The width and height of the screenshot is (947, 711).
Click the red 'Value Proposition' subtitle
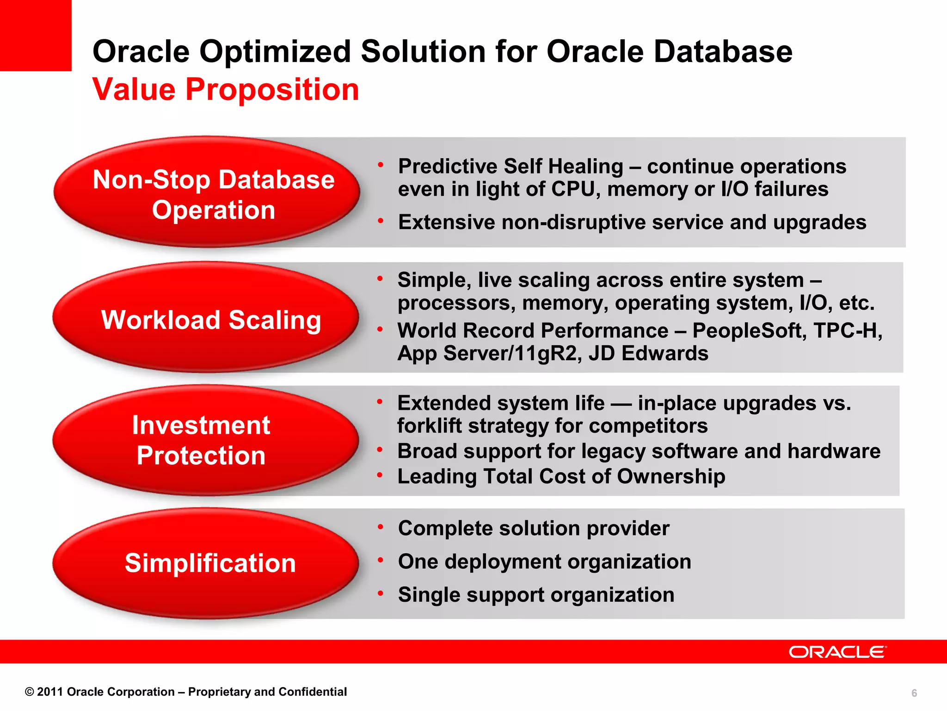click(x=226, y=89)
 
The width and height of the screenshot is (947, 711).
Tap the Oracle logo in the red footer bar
click(x=837, y=652)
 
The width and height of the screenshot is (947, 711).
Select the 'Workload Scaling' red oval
click(x=206, y=318)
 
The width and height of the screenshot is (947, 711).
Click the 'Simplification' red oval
click(x=206, y=563)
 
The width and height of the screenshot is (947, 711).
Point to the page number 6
click(x=914, y=693)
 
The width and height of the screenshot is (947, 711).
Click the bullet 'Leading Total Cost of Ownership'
click(x=561, y=476)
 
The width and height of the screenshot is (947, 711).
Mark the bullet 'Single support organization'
click(x=536, y=595)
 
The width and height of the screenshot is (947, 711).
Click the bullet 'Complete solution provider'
click(x=533, y=528)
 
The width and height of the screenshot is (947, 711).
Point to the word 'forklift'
click(x=429, y=426)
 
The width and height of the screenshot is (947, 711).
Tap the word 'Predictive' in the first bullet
click(x=448, y=166)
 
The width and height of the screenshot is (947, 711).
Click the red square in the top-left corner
click(x=35, y=35)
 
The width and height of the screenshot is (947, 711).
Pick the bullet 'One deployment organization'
click(x=544, y=561)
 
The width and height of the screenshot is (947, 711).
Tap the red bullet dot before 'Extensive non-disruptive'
click(x=381, y=221)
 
